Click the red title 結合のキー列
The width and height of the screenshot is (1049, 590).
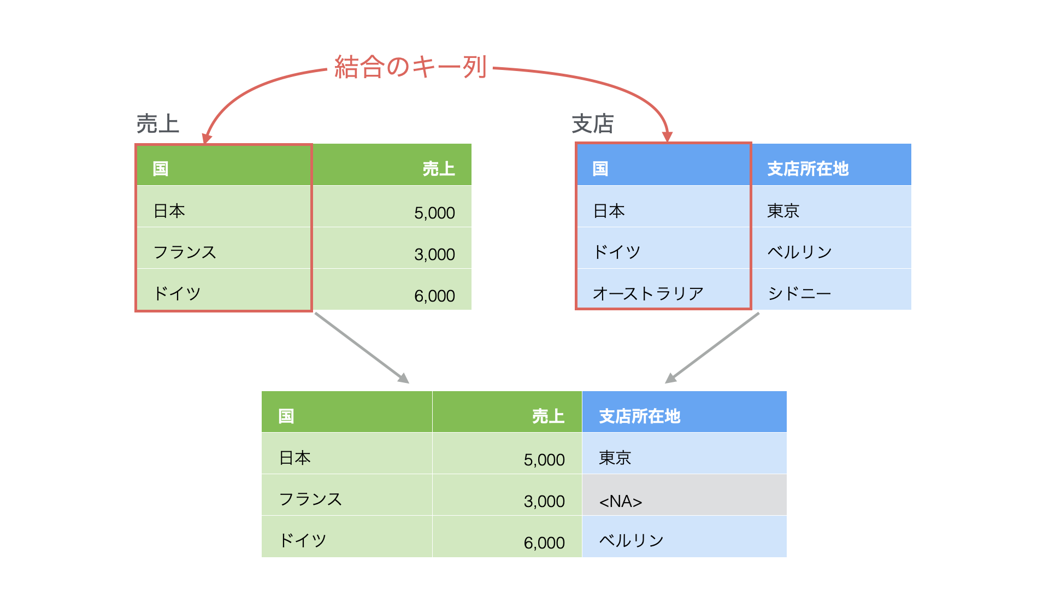click(x=410, y=67)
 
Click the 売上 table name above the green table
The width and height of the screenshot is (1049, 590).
click(x=157, y=123)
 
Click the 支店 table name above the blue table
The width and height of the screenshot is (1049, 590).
click(x=593, y=123)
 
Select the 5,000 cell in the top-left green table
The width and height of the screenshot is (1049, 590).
click(x=434, y=213)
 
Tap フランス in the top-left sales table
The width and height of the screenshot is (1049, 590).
click(x=185, y=252)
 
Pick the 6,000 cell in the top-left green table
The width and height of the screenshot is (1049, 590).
click(x=434, y=296)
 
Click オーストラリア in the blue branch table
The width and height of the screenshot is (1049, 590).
click(x=648, y=293)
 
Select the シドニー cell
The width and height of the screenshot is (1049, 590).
click(x=799, y=293)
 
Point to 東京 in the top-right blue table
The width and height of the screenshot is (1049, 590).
click(x=783, y=210)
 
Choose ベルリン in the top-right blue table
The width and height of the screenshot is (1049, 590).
click(x=799, y=252)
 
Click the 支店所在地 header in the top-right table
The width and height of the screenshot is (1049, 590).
click(x=808, y=169)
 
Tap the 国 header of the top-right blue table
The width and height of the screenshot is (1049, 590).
click(x=600, y=169)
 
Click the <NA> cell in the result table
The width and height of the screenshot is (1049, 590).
click(x=621, y=501)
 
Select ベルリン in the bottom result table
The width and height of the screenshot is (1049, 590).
click(x=631, y=540)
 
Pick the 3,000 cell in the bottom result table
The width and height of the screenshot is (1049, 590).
click(x=544, y=501)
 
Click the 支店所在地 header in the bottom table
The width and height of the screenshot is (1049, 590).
click(x=640, y=416)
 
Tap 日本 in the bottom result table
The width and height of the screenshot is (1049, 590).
click(x=295, y=457)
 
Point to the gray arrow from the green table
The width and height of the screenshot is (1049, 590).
click(x=362, y=348)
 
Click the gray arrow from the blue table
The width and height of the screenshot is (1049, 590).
click(x=712, y=348)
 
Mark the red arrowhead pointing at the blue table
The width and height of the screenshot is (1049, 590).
click(x=667, y=137)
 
